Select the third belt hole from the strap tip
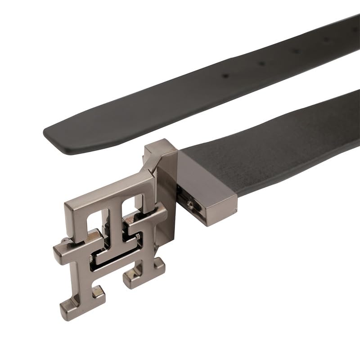pos(296,51)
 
